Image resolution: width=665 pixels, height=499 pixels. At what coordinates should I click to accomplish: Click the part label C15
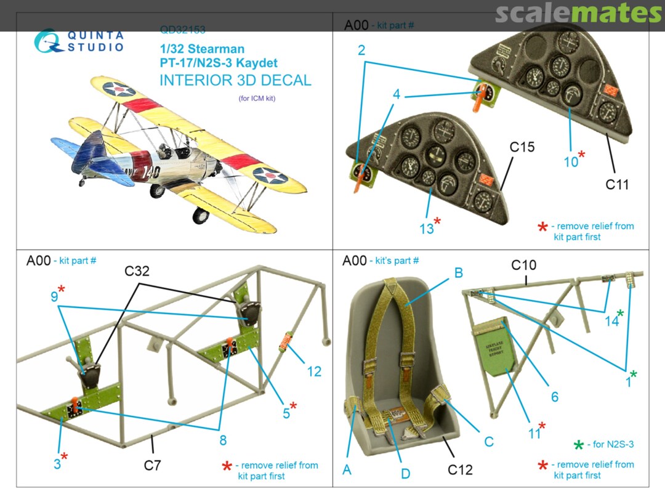pyautogui.click(x=522, y=148)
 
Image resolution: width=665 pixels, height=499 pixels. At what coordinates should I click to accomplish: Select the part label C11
pyautogui.click(x=617, y=184)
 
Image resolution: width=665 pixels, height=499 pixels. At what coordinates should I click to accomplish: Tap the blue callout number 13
pyautogui.click(x=427, y=229)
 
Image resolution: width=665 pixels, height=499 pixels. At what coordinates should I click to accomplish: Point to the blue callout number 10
pyautogui.click(x=571, y=161)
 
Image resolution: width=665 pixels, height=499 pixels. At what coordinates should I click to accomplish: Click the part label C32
pyautogui.click(x=137, y=272)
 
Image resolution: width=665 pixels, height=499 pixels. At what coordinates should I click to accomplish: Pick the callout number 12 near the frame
pyautogui.click(x=314, y=371)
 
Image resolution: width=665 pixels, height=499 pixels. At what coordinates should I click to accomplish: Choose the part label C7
pyautogui.click(x=152, y=465)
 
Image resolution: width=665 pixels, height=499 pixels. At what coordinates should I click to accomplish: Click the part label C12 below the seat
pyautogui.click(x=460, y=470)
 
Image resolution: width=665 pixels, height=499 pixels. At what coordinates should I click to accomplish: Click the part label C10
pyautogui.click(x=524, y=266)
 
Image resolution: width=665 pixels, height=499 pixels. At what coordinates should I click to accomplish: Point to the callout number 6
pyautogui.click(x=555, y=397)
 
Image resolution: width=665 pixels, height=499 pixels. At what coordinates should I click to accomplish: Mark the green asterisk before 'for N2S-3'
pyautogui.click(x=578, y=445)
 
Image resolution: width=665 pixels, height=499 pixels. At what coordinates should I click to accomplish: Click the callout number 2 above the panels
pyautogui.click(x=362, y=51)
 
